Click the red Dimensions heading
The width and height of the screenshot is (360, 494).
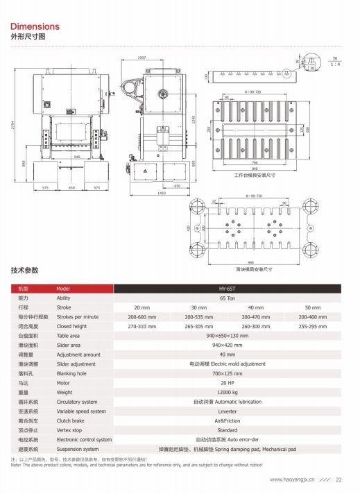(35, 26)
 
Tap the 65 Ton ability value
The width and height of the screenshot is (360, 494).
(227, 297)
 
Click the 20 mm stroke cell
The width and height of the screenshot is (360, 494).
(142, 307)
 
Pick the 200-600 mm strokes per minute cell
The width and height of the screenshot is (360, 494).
(142, 316)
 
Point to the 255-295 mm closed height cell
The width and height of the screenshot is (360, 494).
(313, 325)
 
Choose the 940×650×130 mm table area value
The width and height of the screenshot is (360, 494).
(227, 335)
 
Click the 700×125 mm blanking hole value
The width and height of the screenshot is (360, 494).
(227, 373)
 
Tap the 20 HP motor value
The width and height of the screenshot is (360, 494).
(227, 382)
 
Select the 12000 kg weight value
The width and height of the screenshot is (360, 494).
(227, 392)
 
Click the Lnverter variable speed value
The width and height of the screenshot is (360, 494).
(227, 411)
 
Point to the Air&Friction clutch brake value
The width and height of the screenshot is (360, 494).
(227, 420)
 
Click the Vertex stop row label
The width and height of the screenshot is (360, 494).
(69, 430)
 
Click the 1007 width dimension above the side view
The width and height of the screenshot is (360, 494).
(142, 58)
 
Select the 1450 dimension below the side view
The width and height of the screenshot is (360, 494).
(162, 193)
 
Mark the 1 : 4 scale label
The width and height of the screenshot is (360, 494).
(335, 64)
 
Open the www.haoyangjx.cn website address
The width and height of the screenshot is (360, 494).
(292, 479)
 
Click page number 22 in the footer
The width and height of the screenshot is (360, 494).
(339, 479)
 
